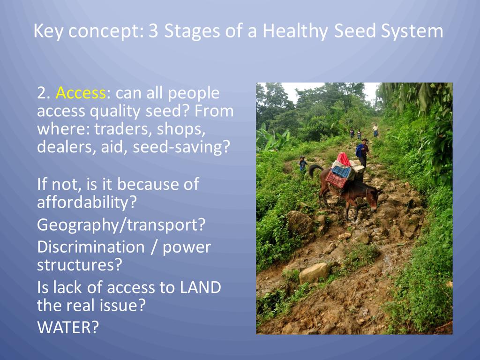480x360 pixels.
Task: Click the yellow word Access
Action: coord(81,93)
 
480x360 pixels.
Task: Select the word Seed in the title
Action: coord(354,30)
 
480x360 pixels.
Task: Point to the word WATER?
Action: coord(68,327)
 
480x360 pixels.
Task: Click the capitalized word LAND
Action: coord(200,287)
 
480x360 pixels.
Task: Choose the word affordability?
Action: coord(87,202)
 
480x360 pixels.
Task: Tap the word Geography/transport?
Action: coord(121,225)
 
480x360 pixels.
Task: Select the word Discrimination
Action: coord(90,247)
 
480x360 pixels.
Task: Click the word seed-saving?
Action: coord(181,147)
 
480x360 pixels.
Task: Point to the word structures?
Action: coord(80,265)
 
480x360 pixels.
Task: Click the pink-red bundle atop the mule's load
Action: coord(344,159)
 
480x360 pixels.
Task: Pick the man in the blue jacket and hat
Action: coord(362,152)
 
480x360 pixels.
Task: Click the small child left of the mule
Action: coord(303,164)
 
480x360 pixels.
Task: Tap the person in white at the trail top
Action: coord(375,130)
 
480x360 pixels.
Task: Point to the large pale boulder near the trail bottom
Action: coord(314,273)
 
